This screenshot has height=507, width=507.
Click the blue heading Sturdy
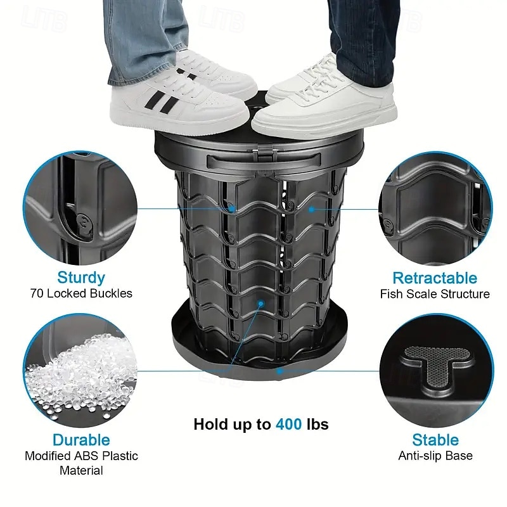click(x=81, y=278)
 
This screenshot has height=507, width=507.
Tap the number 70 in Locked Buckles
click(x=37, y=293)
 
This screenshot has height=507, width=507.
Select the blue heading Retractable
click(x=435, y=278)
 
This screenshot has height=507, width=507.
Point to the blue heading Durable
click(x=81, y=440)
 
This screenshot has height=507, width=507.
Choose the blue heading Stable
click(x=435, y=440)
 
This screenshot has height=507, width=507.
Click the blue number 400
click(x=289, y=424)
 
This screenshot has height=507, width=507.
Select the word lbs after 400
click(x=318, y=424)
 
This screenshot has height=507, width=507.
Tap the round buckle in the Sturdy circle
click(x=84, y=223)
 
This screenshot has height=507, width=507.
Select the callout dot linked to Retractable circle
click(x=311, y=210)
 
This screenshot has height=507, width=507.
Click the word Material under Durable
click(x=81, y=470)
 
